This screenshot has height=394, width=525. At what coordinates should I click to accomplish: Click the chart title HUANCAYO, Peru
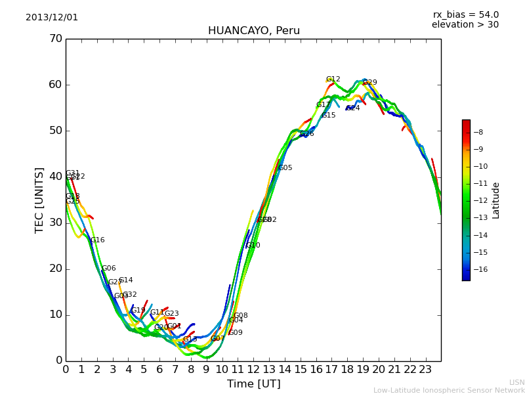tap(253, 31)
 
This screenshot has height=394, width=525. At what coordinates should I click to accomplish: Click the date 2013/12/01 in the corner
tap(52, 18)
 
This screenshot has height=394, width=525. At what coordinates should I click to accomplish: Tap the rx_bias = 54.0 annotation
tap(465, 15)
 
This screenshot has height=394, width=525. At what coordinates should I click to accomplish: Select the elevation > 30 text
tap(465, 25)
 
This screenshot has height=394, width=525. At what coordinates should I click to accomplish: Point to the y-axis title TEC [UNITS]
tap(39, 200)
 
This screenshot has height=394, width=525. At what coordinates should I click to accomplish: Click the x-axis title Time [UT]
tap(253, 384)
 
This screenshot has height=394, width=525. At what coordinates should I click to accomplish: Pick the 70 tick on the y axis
tap(55, 39)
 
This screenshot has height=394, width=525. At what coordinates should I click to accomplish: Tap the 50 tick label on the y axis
tap(55, 131)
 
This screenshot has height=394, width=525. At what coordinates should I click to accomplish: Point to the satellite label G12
tap(333, 79)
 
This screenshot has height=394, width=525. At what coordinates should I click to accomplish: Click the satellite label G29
tap(370, 83)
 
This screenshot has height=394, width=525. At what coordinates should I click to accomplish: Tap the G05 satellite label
tap(285, 168)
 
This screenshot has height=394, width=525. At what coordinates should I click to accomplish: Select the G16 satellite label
tap(98, 240)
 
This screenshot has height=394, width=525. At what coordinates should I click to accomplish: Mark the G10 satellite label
tap(253, 246)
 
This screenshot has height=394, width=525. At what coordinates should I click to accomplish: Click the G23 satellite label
tap(172, 314)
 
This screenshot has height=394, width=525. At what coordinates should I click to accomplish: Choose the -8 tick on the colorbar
tap(478, 132)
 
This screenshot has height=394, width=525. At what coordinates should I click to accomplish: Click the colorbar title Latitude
tap(496, 200)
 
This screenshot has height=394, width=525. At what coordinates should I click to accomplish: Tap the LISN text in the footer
tap(517, 382)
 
